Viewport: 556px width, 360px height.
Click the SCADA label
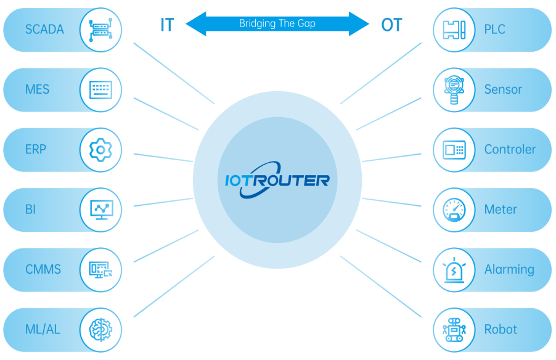[x=44, y=29]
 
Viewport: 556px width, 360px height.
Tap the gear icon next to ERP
[x=100, y=150]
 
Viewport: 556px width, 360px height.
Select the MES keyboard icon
[x=100, y=89]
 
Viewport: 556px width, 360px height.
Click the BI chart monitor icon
[x=100, y=210]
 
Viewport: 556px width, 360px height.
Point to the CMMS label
[x=43, y=269]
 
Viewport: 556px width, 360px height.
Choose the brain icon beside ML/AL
[x=100, y=329]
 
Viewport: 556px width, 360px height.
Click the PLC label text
[x=494, y=29]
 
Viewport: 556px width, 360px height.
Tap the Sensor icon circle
[x=454, y=89]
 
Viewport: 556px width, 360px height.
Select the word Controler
[x=510, y=150]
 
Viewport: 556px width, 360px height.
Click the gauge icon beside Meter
[x=454, y=210]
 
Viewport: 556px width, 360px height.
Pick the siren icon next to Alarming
[x=454, y=269]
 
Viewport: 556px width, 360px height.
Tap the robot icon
[x=454, y=329]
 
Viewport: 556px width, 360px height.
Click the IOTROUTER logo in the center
[x=277, y=180]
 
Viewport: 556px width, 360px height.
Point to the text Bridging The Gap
[x=277, y=24]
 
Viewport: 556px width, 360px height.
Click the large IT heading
[x=166, y=25]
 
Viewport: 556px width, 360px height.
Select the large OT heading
[x=391, y=25]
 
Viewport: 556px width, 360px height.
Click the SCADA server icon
[x=100, y=29]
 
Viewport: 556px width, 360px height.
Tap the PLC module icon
[x=454, y=29]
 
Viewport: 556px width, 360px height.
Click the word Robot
[x=501, y=329]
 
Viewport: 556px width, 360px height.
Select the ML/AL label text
[x=43, y=329]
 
